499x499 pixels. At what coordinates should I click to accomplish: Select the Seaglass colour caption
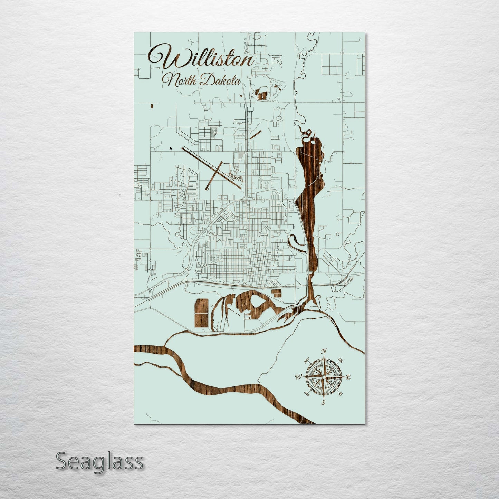[x=99, y=461]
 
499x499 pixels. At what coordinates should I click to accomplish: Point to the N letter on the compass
[x=324, y=352]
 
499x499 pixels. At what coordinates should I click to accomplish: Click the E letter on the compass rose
[x=348, y=377]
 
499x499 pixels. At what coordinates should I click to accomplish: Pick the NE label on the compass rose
[x=340, y=361]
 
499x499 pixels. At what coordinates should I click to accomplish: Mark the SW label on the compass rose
[x=307, y=393]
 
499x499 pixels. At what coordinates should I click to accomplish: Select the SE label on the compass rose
[x=340, y=394]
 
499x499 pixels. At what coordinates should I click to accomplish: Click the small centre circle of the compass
[x=323, y=377]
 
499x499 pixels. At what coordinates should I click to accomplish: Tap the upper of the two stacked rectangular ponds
[x=202, y=306]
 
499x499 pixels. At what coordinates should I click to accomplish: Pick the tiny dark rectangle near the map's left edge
[x=152, y=106]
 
